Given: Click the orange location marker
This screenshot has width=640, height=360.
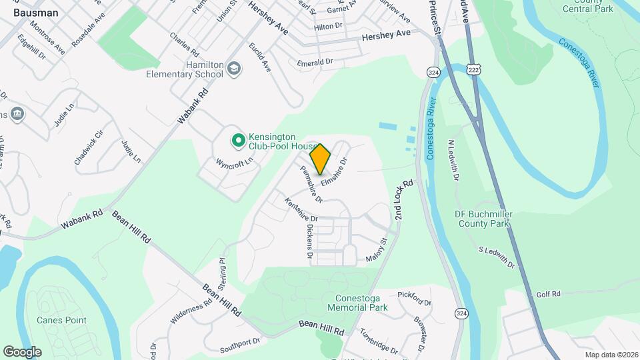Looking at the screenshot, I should (x=321, y=159).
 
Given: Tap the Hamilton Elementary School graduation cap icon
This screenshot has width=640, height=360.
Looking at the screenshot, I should (x=234, y=68).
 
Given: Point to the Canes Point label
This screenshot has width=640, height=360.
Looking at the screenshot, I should (x=62, y=320).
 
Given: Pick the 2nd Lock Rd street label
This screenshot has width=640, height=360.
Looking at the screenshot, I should (x=404, y=199).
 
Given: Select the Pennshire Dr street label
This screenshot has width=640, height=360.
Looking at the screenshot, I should (x=311, y=185).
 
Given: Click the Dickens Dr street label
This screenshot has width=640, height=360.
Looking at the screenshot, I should (x=309, y=241).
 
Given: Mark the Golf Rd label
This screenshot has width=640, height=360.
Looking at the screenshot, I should (x=548, y=294).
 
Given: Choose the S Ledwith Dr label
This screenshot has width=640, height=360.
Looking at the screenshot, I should (x=497, y=257).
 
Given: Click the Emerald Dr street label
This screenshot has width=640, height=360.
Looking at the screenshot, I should (x=315, y=62).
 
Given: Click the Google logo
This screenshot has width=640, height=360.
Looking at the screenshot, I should (x=22, y=351).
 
